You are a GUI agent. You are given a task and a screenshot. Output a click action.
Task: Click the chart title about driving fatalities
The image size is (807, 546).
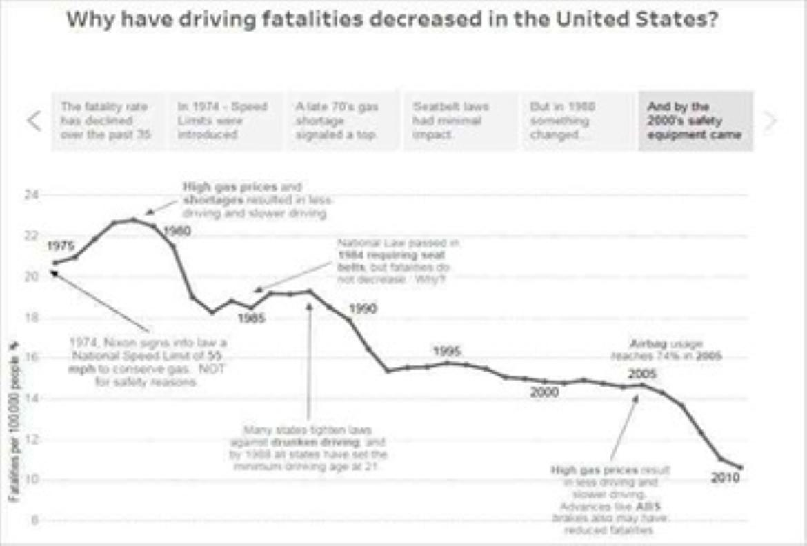393,19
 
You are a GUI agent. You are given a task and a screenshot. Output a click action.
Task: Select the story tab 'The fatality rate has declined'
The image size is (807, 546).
109,121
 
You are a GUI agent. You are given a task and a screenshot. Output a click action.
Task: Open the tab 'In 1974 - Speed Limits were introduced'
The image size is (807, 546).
225,121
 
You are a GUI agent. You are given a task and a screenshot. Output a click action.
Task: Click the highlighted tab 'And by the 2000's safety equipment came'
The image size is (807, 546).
695,121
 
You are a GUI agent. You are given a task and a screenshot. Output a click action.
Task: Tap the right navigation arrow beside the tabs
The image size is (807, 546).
770,121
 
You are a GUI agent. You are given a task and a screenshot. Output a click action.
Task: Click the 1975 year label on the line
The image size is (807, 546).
61,247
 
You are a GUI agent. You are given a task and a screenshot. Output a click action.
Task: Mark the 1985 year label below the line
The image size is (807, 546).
252,318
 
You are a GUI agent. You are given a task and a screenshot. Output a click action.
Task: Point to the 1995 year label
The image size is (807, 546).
447,351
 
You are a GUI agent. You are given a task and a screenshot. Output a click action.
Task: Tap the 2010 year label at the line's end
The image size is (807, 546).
725,477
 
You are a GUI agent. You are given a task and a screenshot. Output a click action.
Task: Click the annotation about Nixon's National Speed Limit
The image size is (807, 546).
148,361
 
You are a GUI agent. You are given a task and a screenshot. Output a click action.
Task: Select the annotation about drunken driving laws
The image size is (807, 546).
308,448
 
